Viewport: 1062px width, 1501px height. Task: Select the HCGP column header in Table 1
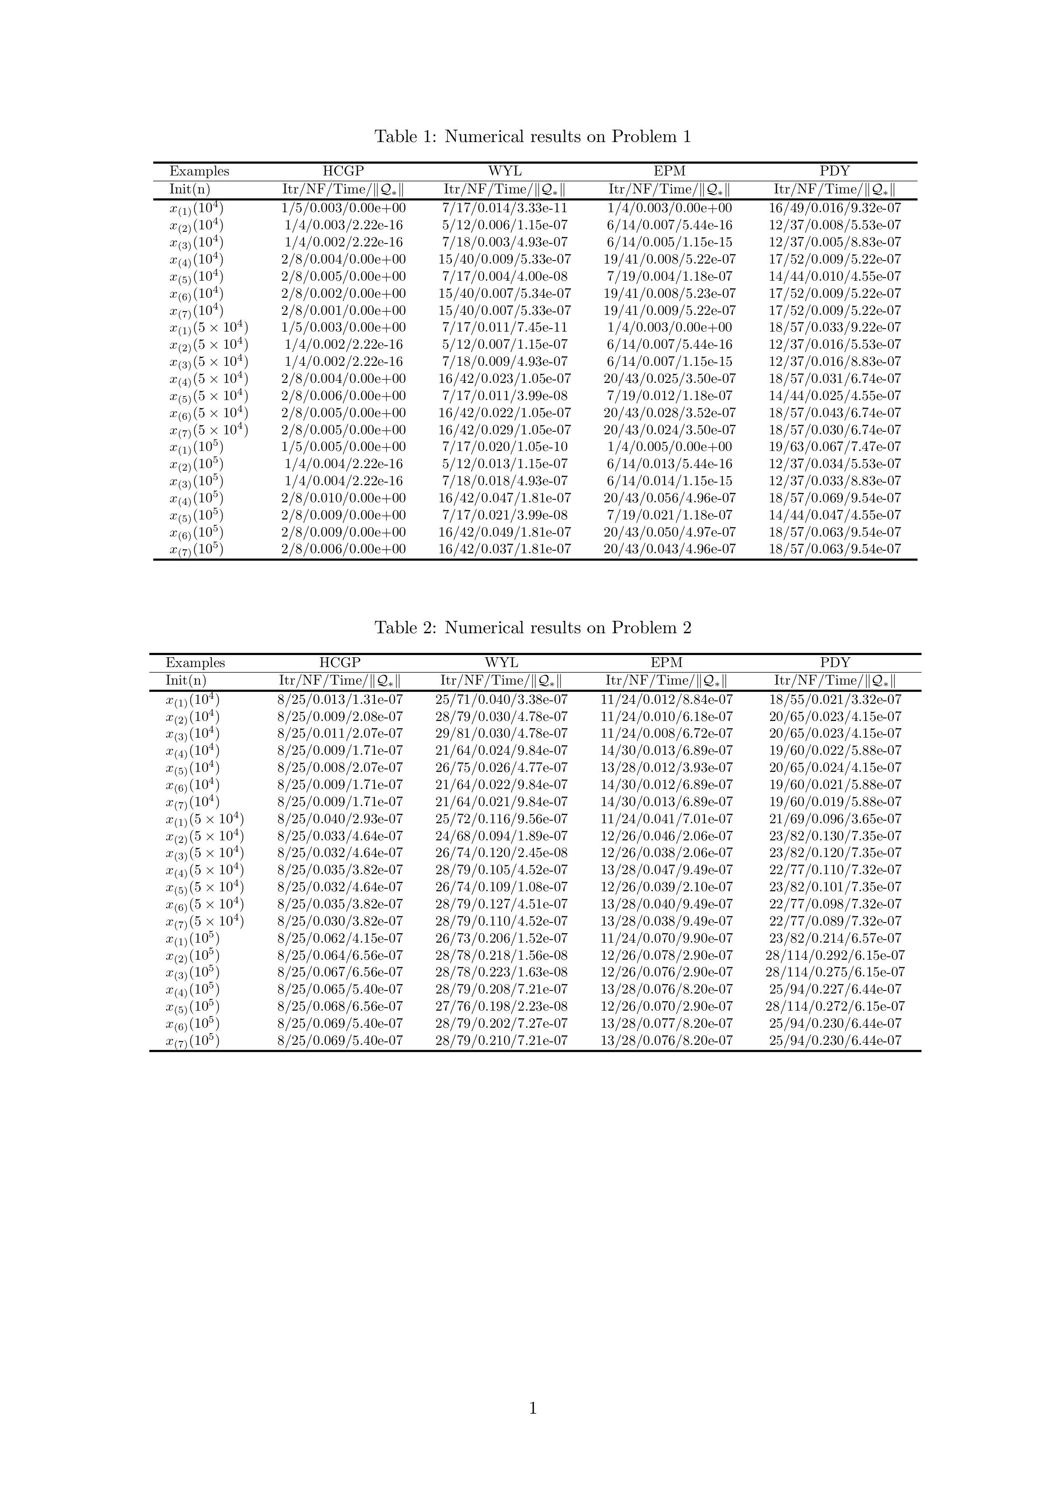pos(343,171)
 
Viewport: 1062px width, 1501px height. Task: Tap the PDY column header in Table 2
pos(835,662)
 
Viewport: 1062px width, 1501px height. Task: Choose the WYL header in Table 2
pos(502,662)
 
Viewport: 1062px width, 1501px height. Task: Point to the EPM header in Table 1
pos(669,171)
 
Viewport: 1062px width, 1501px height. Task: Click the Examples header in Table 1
pos(199,171)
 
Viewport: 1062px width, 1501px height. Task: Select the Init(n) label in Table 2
pos(186,681)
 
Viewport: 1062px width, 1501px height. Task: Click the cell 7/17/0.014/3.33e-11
pos(505,208)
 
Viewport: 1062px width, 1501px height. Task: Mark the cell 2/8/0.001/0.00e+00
pos(343,311)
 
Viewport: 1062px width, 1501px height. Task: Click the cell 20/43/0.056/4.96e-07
pos(669,498)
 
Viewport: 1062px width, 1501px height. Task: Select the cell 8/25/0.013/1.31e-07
pos(340,700)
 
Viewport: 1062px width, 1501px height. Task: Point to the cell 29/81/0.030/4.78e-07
pos(502,733)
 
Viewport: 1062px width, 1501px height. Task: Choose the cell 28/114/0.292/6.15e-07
pos(835,955)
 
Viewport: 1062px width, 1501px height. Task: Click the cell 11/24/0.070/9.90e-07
pos(666,938)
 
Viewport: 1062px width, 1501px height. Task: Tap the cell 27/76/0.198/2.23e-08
pos(502,1006)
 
